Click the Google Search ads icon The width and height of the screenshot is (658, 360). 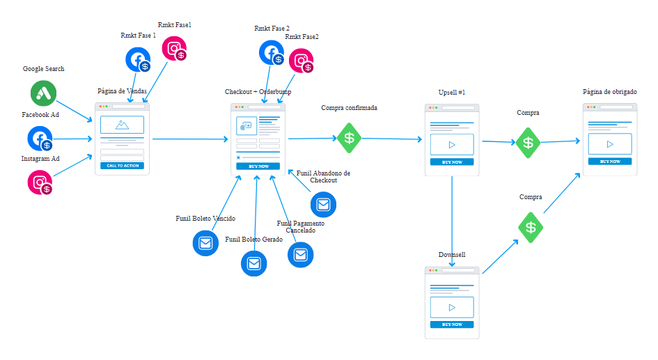(43, 93)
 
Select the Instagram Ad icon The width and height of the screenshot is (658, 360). (40, 182)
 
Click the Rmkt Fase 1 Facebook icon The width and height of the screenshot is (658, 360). (138, 60)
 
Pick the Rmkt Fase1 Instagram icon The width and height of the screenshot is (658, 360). (174, 49)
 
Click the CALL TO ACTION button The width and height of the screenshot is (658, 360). (122, 166)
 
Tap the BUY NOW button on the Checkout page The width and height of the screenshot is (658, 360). (258, 166)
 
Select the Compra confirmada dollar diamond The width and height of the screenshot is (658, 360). (350, 138)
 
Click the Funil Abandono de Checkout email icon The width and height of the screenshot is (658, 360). (323, 204)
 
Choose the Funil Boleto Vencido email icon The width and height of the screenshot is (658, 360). (205, 243)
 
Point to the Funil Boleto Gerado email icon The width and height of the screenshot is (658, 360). (253, 263)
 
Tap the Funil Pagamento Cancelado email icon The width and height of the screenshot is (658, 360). (301, 255)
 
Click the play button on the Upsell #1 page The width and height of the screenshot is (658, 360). (452, 145)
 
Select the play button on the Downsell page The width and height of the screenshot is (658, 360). (452, 307)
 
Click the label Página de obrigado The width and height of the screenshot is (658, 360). (609, 92)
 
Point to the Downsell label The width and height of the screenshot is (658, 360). (451, 255)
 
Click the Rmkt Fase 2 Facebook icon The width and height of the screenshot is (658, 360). (272, 54)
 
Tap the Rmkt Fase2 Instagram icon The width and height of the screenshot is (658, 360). (301, 61)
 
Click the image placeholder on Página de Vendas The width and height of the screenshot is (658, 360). (122, 125)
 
